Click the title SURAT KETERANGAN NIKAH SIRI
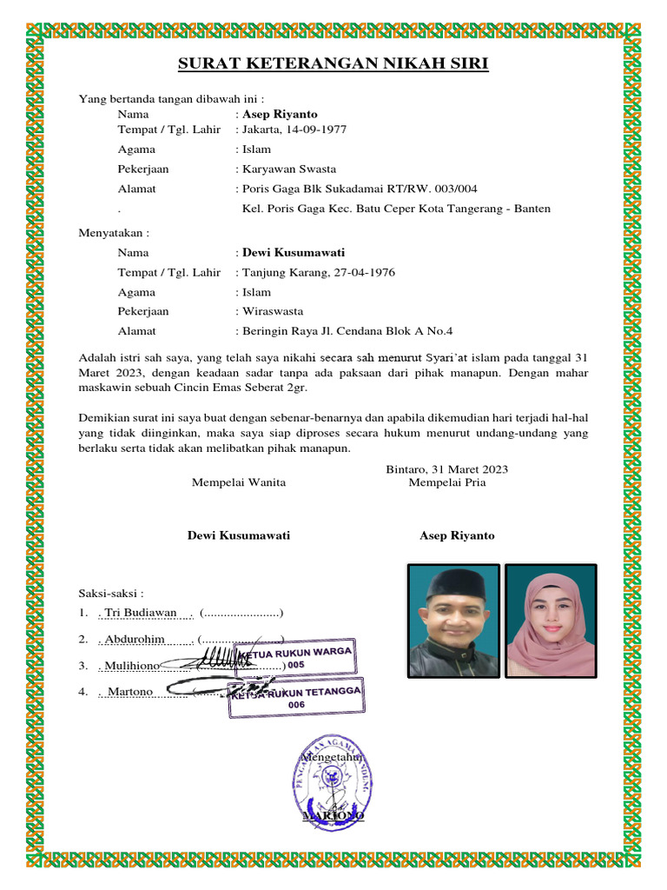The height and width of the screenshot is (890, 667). coord(333,64)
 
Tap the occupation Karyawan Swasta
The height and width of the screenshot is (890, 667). coord(289,169)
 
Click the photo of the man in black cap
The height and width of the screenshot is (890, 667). coord(453,621)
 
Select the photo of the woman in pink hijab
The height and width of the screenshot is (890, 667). coord(551,621)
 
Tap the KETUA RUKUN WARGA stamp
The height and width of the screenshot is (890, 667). coord(296,658)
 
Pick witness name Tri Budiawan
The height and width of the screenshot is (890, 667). coord(140,613)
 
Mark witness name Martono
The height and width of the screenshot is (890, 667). coord(130,692)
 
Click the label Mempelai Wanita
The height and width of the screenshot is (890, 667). coord(239,482)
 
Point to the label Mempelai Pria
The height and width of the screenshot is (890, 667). coord(447,482)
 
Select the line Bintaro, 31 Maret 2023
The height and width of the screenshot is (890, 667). coord(447,469)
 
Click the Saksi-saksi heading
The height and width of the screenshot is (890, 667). coord(111,593)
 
